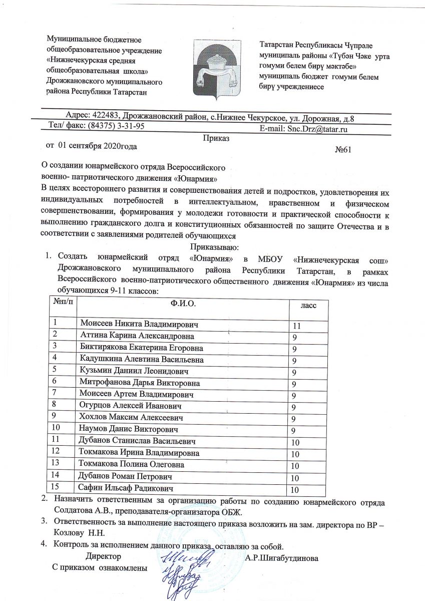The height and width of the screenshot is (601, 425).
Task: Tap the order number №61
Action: point(343,150)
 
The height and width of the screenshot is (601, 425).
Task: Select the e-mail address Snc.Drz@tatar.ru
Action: point(316,129)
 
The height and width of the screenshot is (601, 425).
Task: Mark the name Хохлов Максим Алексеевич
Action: point(132,417)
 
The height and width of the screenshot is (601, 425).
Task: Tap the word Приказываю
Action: point(216,247)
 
